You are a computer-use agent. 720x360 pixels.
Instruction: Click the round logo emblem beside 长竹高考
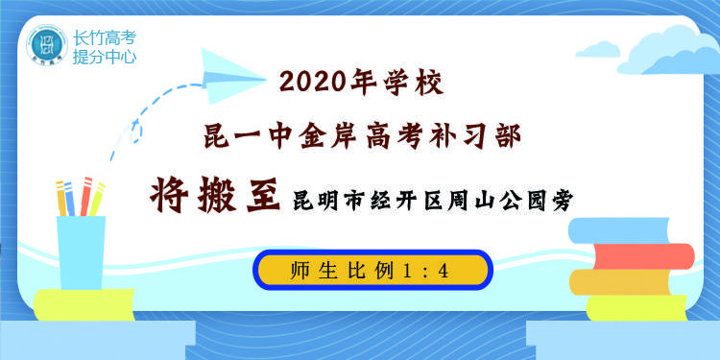point(43,44)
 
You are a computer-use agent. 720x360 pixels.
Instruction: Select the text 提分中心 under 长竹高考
point(105,57)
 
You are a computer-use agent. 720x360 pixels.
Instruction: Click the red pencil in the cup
point(84,196)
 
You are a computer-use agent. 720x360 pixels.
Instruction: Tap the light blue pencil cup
point(81,251)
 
